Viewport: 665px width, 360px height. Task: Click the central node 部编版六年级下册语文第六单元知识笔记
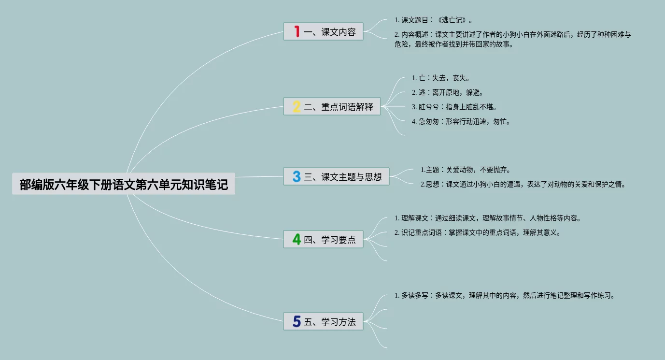[124, 184]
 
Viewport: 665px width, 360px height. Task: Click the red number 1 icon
[297, 32]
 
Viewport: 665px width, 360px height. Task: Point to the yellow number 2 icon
[297, 107]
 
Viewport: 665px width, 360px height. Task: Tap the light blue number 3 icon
[297, 177]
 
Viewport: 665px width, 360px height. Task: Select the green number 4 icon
[297, 239]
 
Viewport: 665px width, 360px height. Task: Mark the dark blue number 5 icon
[297, 321]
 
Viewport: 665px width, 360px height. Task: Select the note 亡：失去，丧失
[440, 78]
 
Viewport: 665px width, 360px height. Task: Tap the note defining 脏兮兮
[454, 107]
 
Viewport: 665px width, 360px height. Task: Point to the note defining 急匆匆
[461, 121]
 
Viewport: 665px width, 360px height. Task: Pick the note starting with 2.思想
[523, 184]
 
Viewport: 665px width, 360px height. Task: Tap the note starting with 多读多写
[505, 295]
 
